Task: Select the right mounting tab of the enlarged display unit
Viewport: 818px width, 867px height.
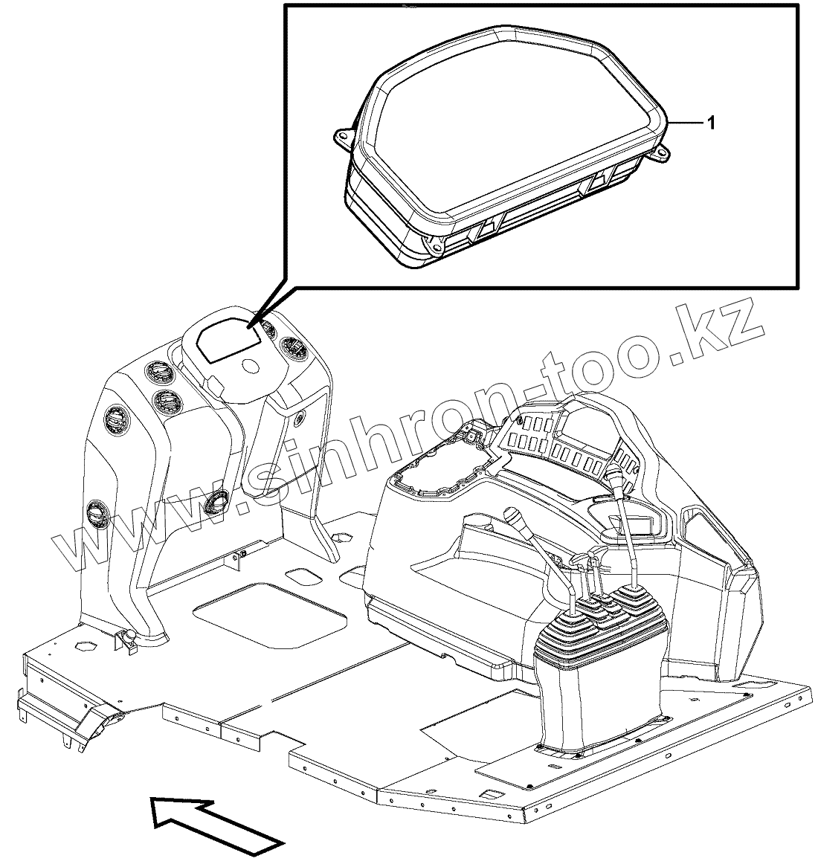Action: (659, 154)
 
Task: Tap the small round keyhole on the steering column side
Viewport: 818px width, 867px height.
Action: (299, 419)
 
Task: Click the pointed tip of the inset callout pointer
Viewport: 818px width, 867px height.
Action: (251, 326)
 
